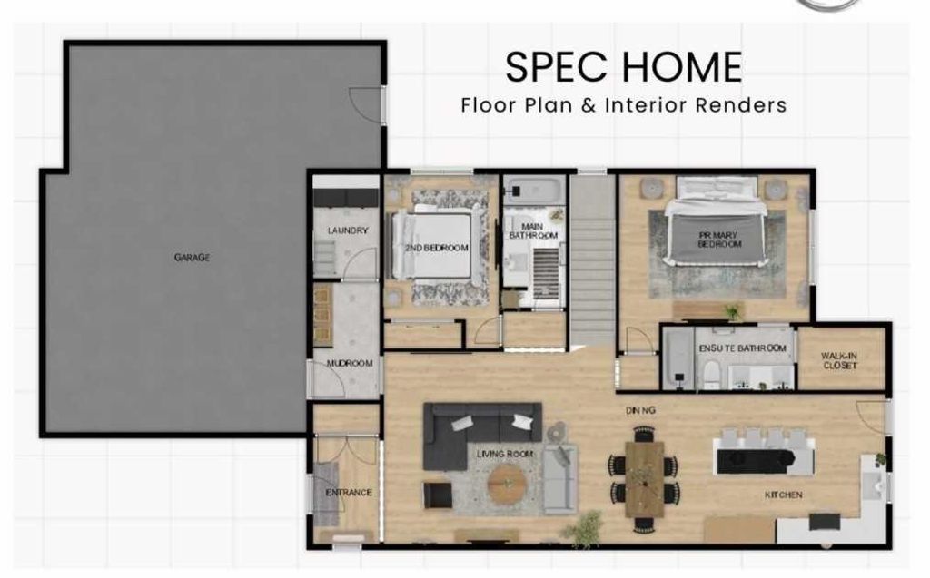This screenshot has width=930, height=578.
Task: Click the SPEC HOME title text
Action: point(623,67)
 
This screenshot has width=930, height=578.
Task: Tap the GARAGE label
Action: point(192,258)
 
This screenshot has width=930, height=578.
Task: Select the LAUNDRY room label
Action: point(347,230)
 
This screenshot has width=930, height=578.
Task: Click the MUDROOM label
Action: point(350,364)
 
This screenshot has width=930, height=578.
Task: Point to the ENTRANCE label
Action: point(349,493)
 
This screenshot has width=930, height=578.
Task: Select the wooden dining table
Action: point(644,478)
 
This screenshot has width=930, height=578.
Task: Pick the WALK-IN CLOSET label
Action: point(840,360)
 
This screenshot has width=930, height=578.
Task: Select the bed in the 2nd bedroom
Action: point(439,245)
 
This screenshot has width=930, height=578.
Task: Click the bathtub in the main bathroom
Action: point(534,191)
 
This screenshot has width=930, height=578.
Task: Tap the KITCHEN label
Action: point(783,495)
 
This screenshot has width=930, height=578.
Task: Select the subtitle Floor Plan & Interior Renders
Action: point(623,104)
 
